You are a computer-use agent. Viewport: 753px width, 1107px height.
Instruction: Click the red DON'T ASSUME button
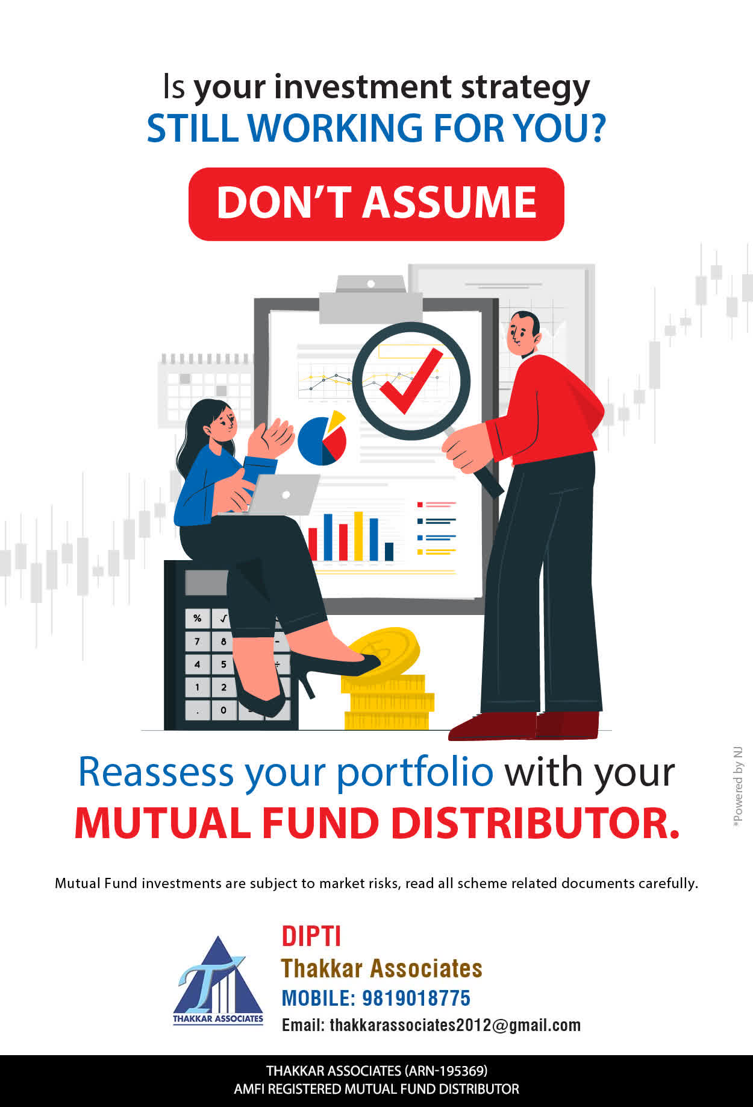click(x=377, y=204)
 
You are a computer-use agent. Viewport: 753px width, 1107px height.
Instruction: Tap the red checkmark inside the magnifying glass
click(x=411, y=381)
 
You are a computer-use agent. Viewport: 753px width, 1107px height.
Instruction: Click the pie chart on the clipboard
click(x=322, y=438)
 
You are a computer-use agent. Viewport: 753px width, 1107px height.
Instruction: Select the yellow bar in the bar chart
click(x=358, y=536)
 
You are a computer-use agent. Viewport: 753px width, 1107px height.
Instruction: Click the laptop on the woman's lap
click(x=283, y=494)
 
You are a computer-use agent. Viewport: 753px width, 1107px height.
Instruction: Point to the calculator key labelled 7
click(x=197, y=642)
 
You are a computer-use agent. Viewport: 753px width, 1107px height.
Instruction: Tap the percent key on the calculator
click(x=197, y=619)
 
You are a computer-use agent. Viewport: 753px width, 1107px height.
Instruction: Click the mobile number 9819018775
click(x=416, y=998)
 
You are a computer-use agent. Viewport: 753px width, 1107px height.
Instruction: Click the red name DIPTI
click(x=311, y=936)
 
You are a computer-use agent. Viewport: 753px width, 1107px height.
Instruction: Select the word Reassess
click(x=156, y=772)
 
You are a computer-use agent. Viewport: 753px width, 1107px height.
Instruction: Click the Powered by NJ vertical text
click(x=738, y=787)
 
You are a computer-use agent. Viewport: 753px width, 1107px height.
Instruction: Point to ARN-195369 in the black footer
click(x=446, y=1071)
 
